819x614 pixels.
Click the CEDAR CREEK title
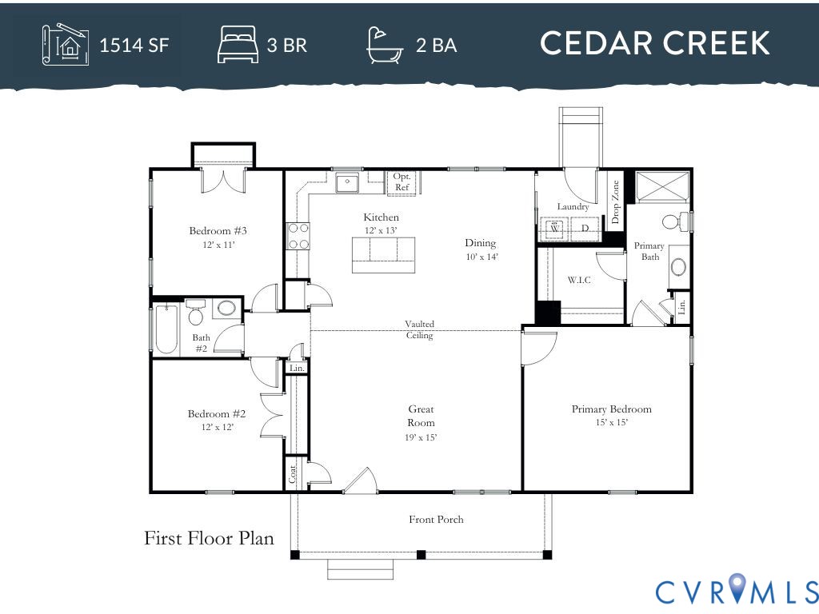pyautogui.click(x=654, y=43)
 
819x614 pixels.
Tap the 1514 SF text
pyautogui.click(x=134, y=45)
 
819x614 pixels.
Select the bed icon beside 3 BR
pyautogui.click(x=238, y=45)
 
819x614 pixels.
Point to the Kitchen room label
pyautogui.click(x=381, y=217)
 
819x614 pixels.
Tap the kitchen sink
pyautogui.click(x=348, y=183)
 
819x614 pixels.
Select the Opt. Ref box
pyautogui.click(x=402, y=182)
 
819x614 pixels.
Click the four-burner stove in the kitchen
pyautogui.click(x=298, y=236)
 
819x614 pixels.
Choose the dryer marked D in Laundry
pyautogui.click(x=585, y=229)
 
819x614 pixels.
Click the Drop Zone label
pyautogui.click(x=615, y=201)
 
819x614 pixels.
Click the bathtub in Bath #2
pyautogui.click(x=166, y=328)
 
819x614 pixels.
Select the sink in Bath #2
pyautogui.click(x=226, y=309)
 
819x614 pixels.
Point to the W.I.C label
pyautogui.click(x=579, y=280)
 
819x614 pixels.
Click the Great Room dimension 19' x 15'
pyautogui.click(x=421, y=437)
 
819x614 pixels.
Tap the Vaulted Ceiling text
pyautogui.click(x=419, y=329)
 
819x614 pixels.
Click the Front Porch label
pyautogui.click(x=436, y=520)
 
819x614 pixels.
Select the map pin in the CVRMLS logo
pyautogui.click(x=736, y=589)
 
